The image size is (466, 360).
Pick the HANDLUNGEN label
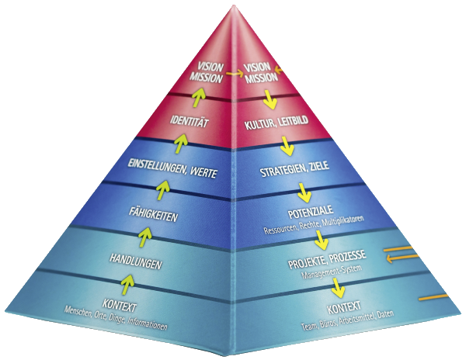point(135,265)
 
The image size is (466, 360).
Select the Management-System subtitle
point(320,268)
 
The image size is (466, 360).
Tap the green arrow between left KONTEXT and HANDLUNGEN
point(130,286)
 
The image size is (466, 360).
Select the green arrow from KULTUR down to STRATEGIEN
point(286,145)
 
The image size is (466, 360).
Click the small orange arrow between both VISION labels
point(231,73)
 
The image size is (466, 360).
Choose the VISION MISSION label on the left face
point(209,72)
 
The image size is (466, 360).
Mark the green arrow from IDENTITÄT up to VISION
point(200,96)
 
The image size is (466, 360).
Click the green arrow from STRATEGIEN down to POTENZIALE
point(302,191)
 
